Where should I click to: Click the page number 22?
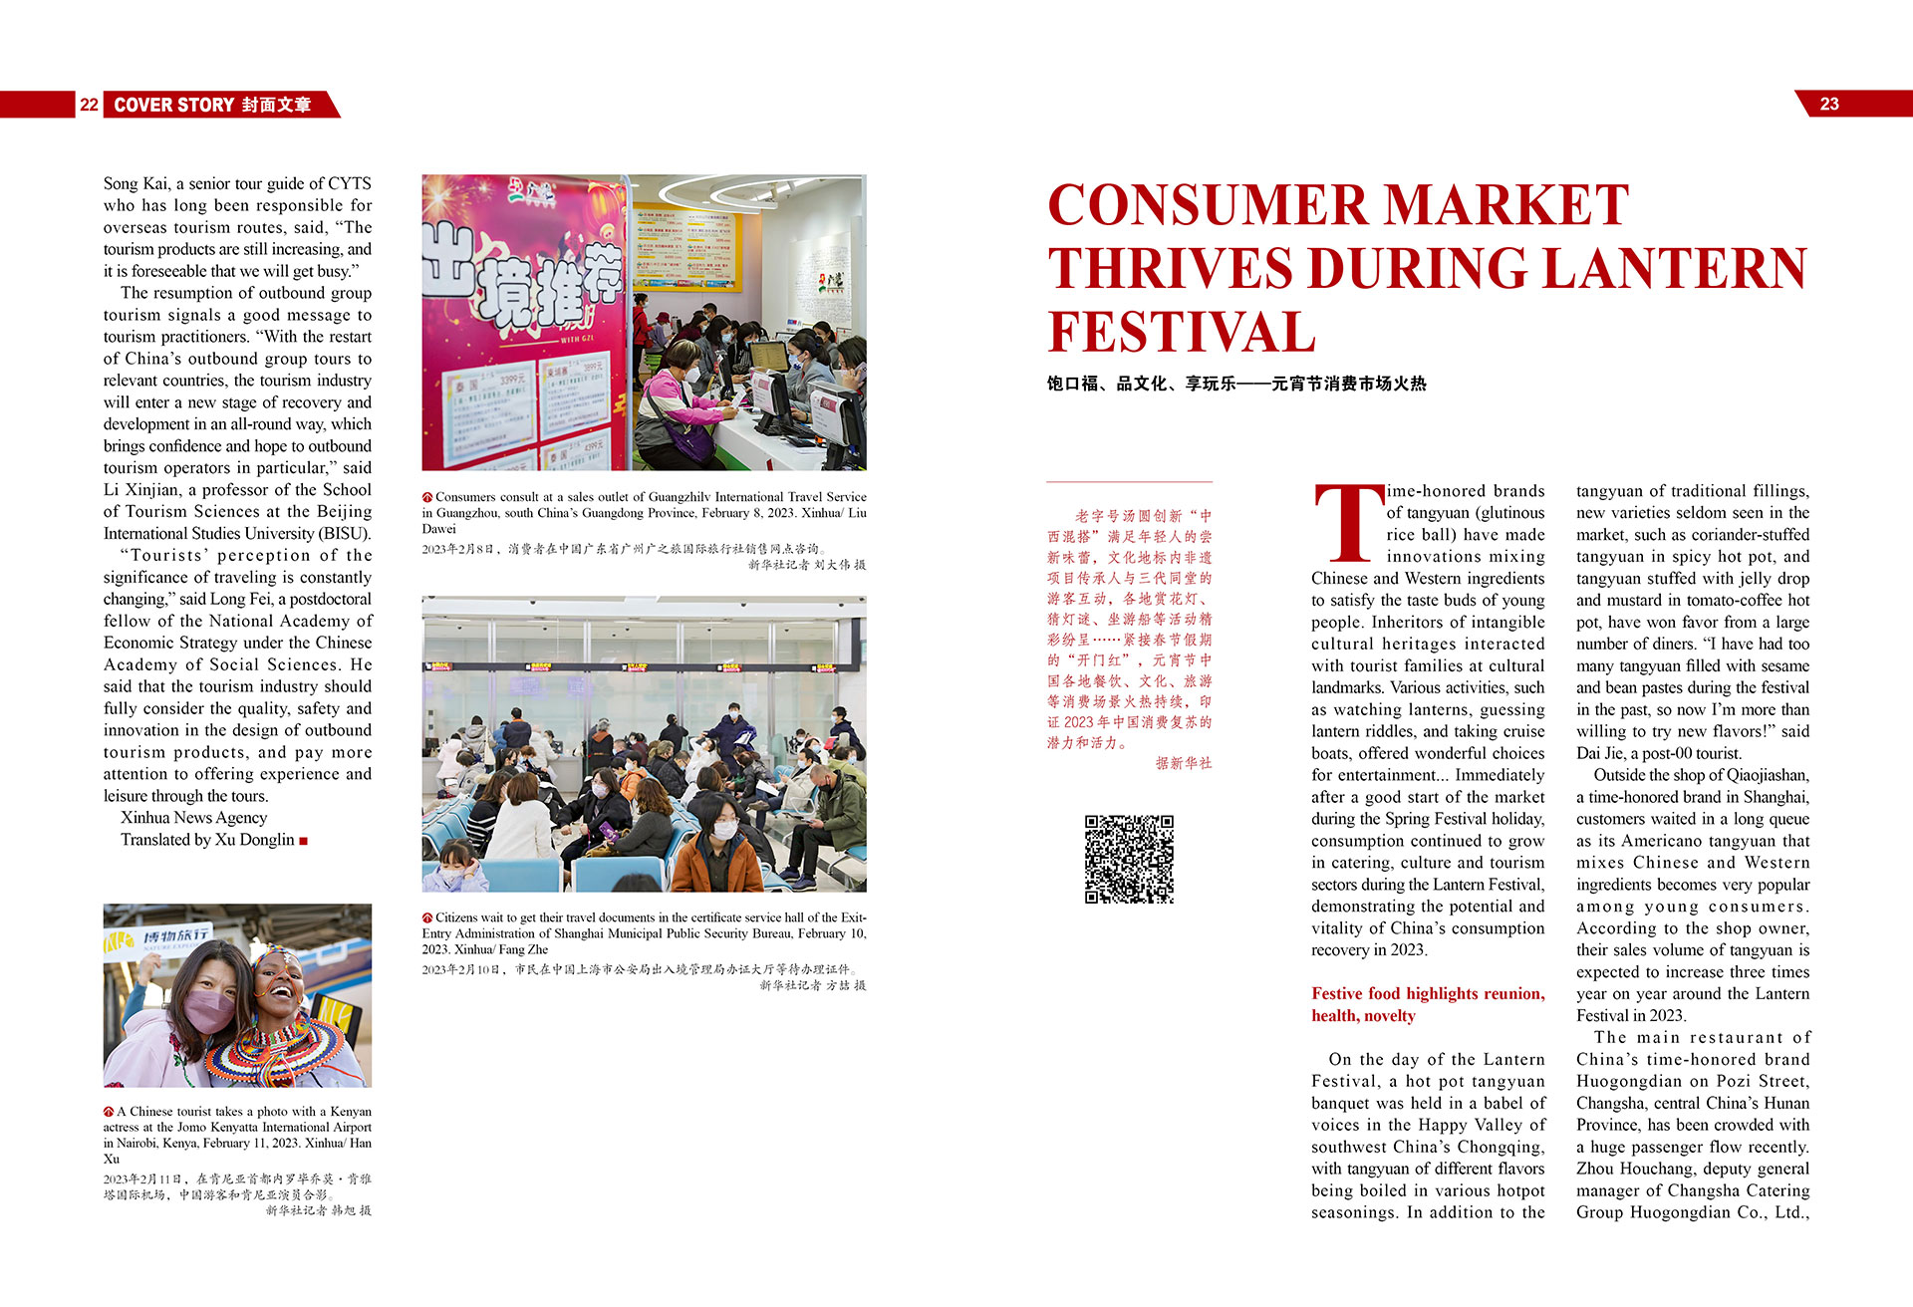(x=89, y=105)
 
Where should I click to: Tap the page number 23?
(x=1829, y=105)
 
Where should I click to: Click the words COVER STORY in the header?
(x=174, y=105)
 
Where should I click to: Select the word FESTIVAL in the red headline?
(x=1182, y=333)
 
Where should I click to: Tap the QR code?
(x=1129, y=859)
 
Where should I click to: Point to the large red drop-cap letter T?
(x=1348, y=524)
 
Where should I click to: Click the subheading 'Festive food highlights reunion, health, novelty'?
(x=1427, y=1004)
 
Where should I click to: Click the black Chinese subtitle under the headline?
(x=1235, y=384)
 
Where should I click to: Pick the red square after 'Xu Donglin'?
(x=304, y=841)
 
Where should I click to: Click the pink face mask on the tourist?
(x=207, y=1008)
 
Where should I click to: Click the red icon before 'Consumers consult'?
(x=427, y=497)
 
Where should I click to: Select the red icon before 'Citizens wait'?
(x=427, y=917)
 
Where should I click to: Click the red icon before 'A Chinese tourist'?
(x=109, y=1112)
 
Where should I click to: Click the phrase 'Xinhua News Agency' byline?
(x=194, y=818)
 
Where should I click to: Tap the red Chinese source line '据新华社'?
(x=1184, y=763)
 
